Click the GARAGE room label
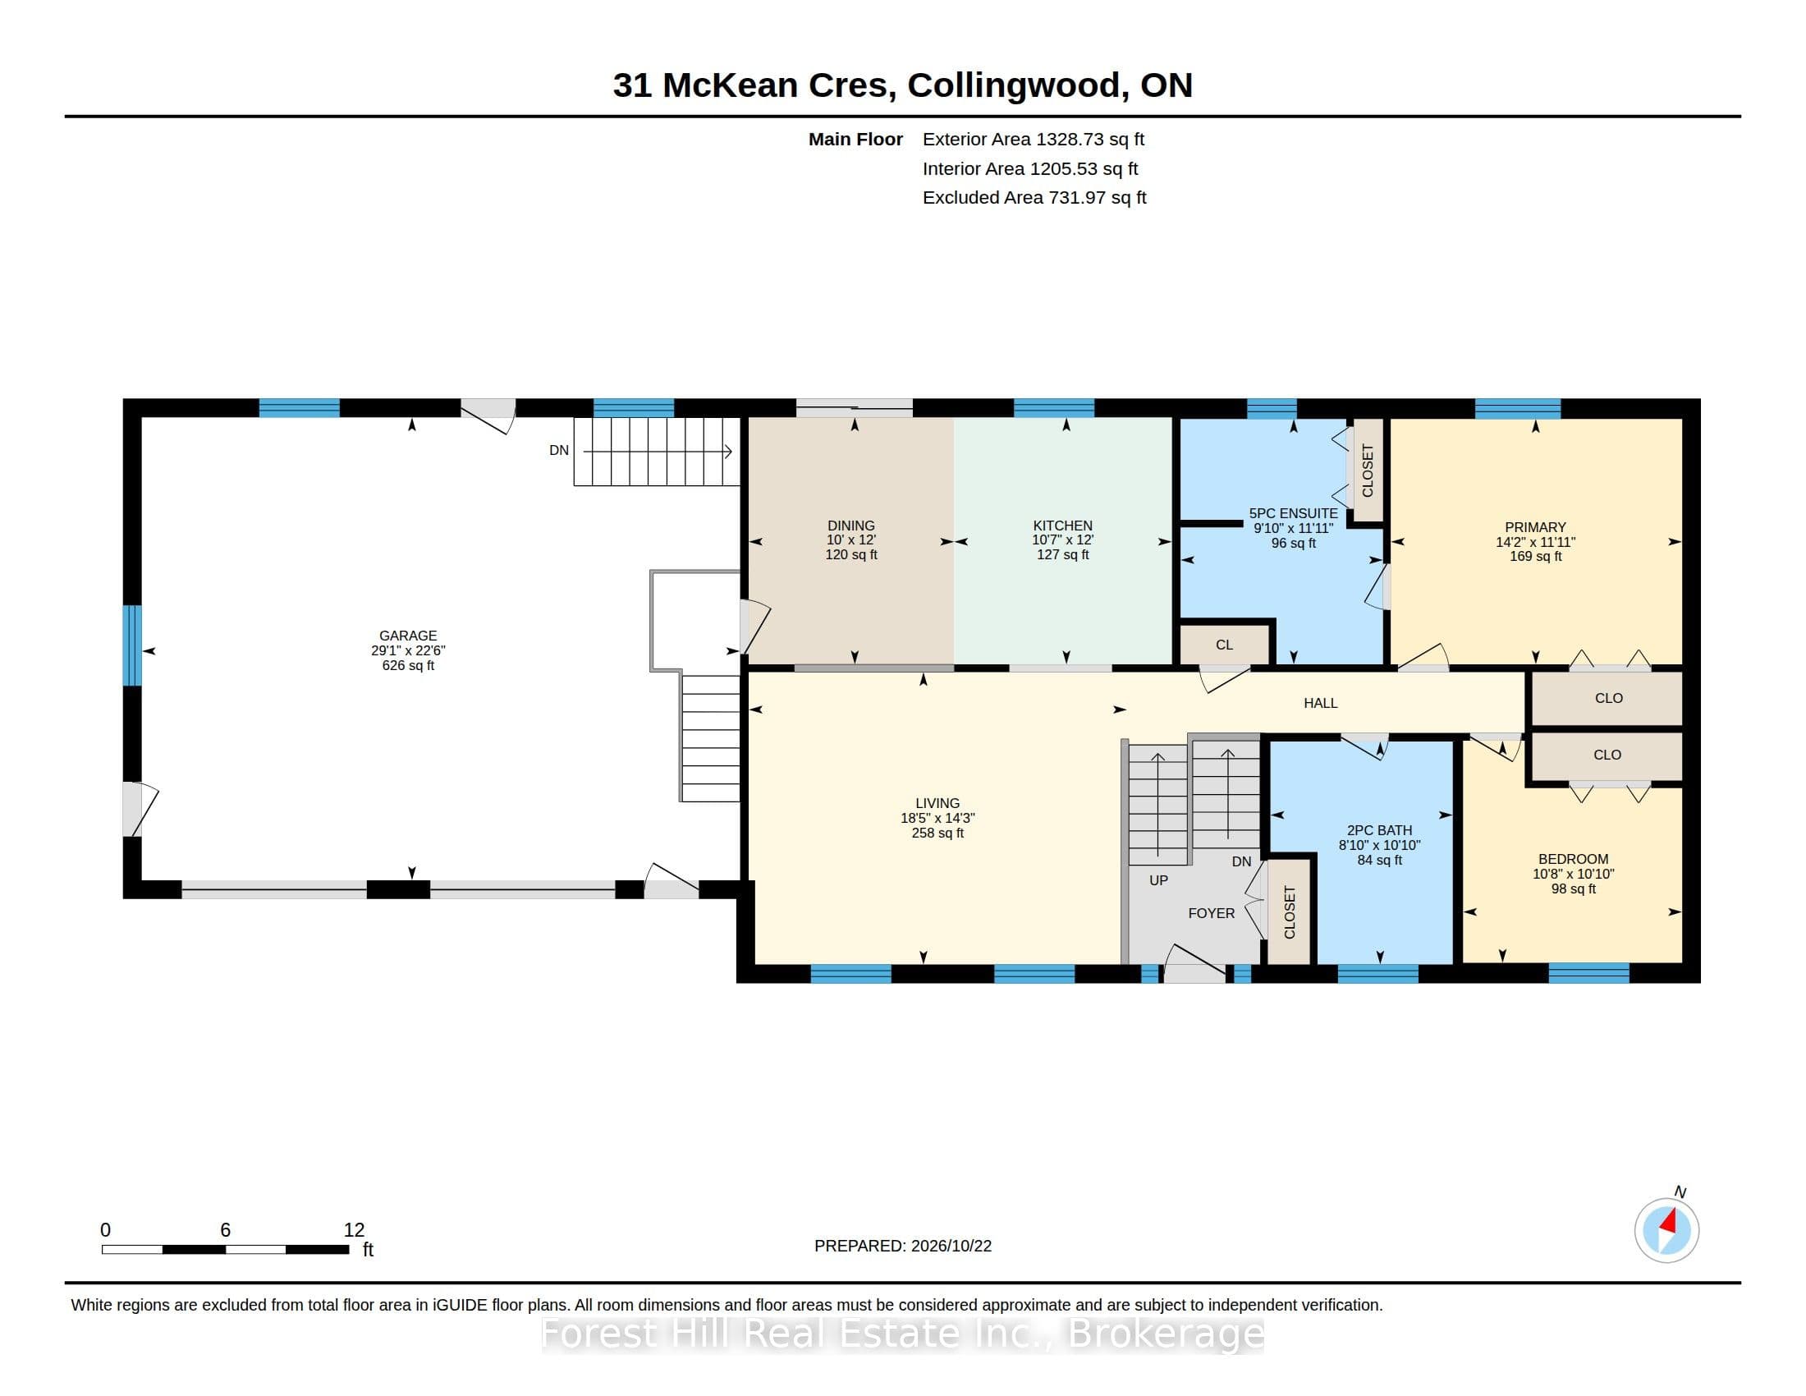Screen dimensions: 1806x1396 pyautogui.click(x=408, y=635)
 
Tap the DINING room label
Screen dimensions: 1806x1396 pyautogui.click(x=851, y=526)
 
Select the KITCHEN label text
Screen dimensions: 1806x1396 pyautogui.click(x=1062, y=526)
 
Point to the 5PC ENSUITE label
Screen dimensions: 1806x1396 pyautogui.click(x=1293, y=513)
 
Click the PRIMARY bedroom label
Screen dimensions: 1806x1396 pyautogui.click(x=1536, y=527)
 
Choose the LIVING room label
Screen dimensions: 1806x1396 pyautogui.click(x=937, y=803)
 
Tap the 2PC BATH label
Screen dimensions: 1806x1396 pyautogui.click(x=1379, y=830)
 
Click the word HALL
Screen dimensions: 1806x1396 pyautogui.click(x=1321, y=703)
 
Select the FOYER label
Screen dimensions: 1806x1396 pyautogui.click(x=1212, y=913)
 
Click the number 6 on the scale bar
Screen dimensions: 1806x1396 pyautogui.click(x=225, y=1230)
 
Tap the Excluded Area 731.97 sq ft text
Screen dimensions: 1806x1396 pyautogui.click(x=1034, y=198)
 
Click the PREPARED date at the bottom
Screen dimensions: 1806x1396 pyautogui.click(x=903, y=1246)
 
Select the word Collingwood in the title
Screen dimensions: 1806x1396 pyautogui.click(x=1013, y=85)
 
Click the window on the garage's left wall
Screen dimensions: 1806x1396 pyautogui.click(x=132, y=645)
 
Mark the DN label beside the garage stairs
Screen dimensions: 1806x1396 pyautogui.click(x=559, y=451)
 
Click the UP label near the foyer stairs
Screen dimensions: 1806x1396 pyautogui.click(x=1158, y=881)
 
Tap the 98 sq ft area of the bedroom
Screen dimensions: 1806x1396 pyautogui.click(x=1574, y=889)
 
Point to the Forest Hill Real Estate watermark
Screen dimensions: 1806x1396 pyautogui.click(x=903, y=1333)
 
